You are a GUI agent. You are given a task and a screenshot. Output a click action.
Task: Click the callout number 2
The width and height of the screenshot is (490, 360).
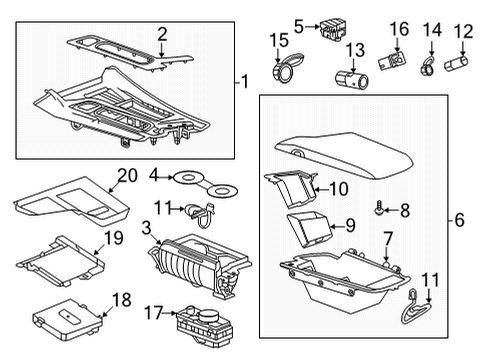pos(162,34)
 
